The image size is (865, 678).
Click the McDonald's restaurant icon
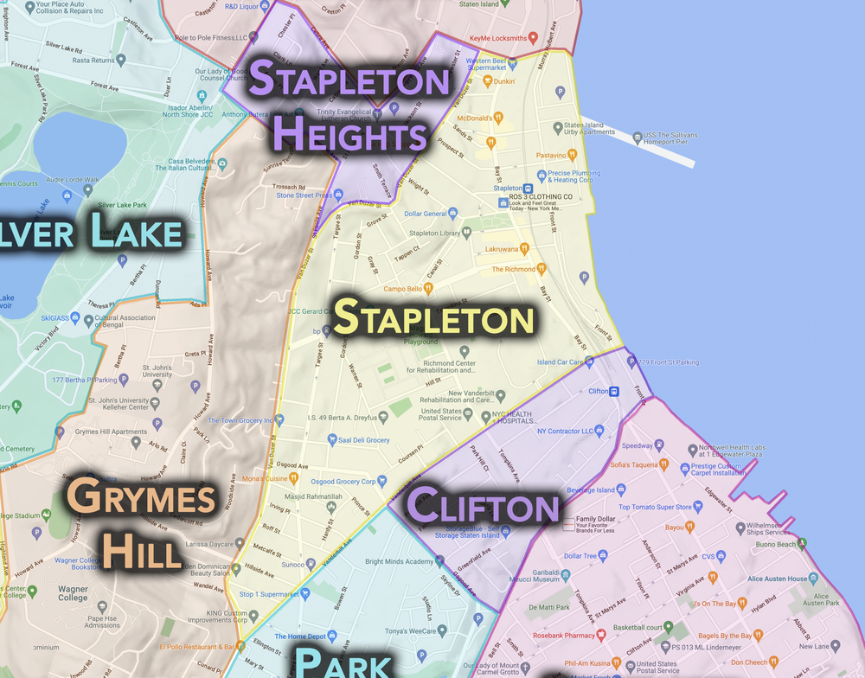coord(498,118)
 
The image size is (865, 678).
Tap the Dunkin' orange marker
coord(487,81)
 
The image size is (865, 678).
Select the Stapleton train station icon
coord(528,189)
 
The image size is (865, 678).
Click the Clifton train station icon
coord(614,391)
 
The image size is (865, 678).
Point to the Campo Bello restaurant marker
coord(427,289)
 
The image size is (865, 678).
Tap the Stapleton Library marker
coord(467,233)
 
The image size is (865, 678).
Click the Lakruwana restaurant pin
coord(524,249)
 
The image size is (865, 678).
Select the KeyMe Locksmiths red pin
coord(534,38)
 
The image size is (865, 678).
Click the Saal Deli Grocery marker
coord(332,439)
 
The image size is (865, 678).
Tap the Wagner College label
coord(73,597)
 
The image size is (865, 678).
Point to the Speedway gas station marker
coord(659,445)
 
